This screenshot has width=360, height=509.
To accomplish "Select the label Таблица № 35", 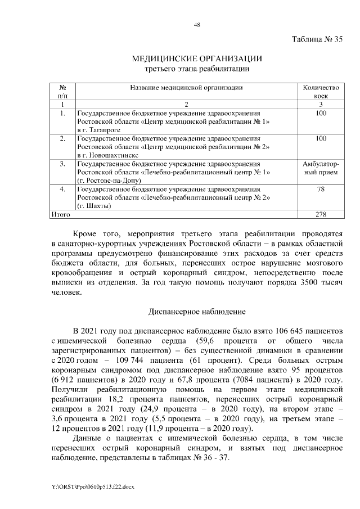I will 317,39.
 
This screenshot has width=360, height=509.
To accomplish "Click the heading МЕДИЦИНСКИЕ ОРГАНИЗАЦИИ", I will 197,58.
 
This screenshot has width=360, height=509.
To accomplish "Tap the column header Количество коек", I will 321,92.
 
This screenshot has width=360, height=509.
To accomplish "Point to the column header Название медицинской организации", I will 186,88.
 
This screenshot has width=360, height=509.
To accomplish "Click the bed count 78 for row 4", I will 321,188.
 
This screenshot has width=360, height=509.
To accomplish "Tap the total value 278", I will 321,214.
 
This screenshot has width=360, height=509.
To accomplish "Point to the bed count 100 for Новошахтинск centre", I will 321,138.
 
